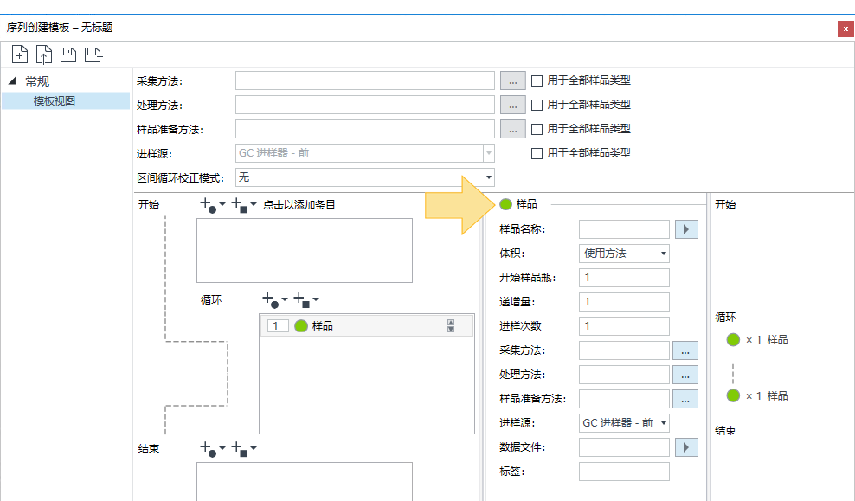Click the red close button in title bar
tap(845, 29)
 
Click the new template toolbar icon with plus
tap(20, 55)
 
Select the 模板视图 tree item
tap(55, 101)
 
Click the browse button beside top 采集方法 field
tap(513, 80)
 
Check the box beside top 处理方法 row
tap(537, 105)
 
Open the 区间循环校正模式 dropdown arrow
tap(489, 177)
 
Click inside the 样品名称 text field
tap(624, 229)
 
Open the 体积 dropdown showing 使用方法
tap(624, 254)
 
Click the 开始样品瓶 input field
tap(624, 278)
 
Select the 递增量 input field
tap(624, 301)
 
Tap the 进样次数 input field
tap(624, 326)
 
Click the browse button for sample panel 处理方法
tap(685, 375)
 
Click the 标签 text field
tap(624, 472)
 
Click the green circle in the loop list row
tap(301, 326)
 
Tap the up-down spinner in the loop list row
tap(451, 326)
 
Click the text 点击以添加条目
tap(299, 205)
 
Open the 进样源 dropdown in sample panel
tap(624, 423)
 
